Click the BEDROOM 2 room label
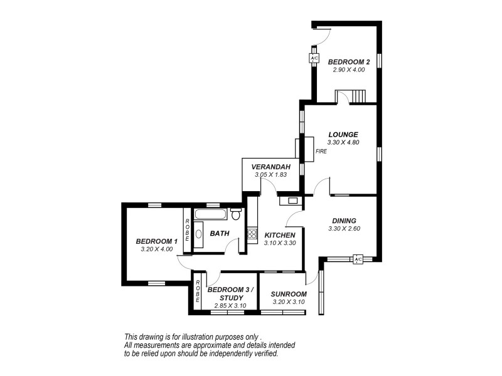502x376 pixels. point(349,61)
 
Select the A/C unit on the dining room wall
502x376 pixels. point(358,259)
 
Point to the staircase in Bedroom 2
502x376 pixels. point(358,97)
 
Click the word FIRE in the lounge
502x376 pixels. point(321,151)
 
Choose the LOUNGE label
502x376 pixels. point(343,134)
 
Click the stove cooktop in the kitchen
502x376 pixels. point(252,234)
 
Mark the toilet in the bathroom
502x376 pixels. point(236,214)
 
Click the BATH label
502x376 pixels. point(219,234)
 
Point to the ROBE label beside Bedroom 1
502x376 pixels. point(187,229)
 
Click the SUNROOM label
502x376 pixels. point(288,294)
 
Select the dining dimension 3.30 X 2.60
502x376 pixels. point(343,229)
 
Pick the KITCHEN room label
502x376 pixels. point(279,235)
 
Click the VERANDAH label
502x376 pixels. point(270,167)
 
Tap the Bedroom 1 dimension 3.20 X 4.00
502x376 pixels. point(156,249)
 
